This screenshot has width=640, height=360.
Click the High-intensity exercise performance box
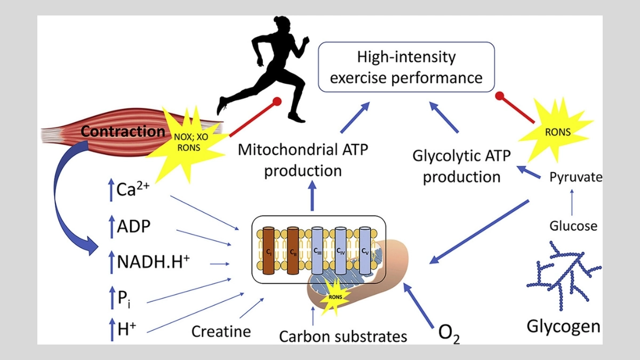click(x=406, y=67)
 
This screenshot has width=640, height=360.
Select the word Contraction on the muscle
click(x=123, y=131)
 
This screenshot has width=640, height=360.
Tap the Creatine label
click(x=221, y=331)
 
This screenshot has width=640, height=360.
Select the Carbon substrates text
click(x=343, y=336)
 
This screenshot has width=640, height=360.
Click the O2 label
click(x=449, y=333)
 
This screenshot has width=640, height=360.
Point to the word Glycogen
click(x=563, y=326)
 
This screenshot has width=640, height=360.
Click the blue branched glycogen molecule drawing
click(x=565, y=275)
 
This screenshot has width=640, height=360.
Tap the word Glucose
click(x=573, y=226)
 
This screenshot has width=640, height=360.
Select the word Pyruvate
click(x=575, y=177)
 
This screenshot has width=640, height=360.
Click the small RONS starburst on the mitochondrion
click(x=334, y=298)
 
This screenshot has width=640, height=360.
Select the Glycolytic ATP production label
click(x=462, y=166)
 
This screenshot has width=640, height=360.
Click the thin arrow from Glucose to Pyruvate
click(x=572, y=203)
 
